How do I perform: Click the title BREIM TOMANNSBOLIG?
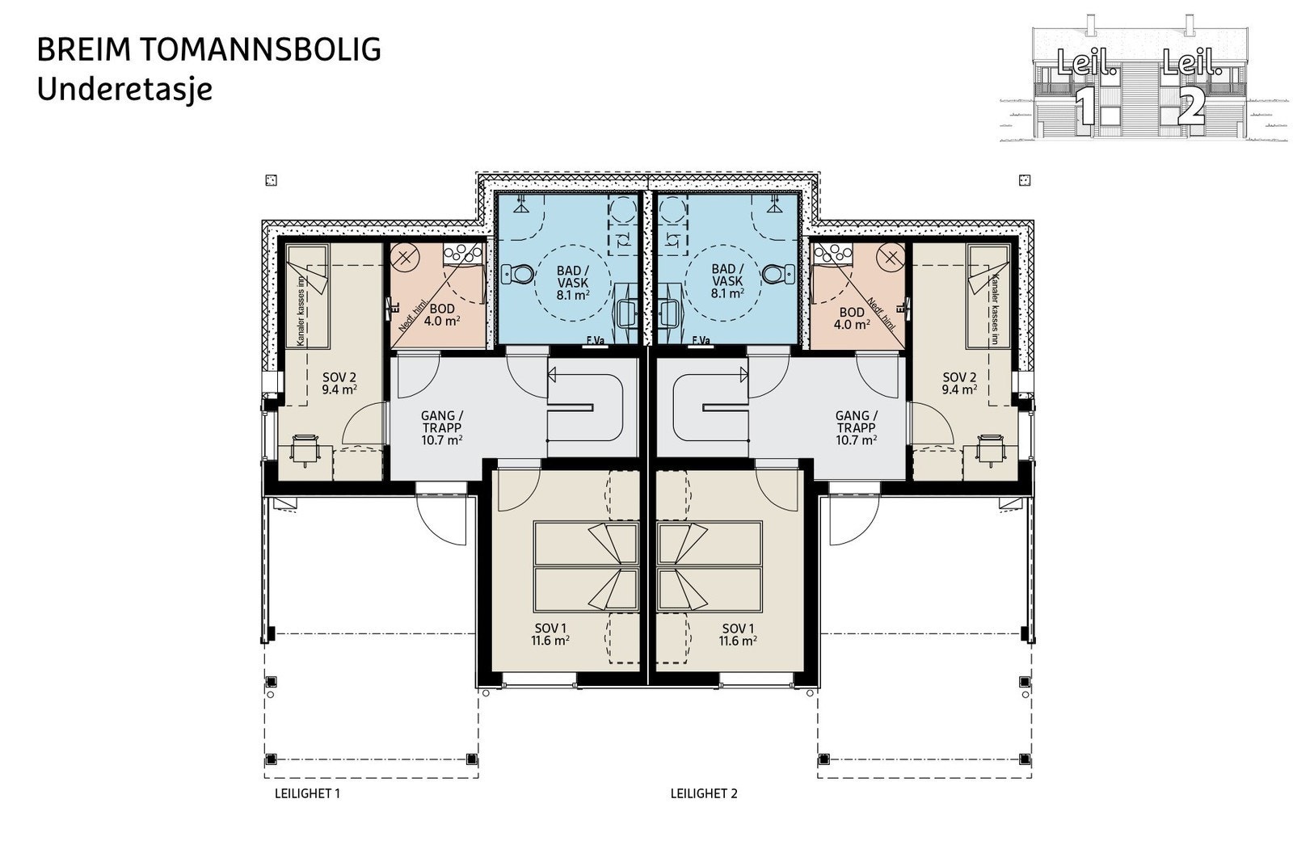(209, 50)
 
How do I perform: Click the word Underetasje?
(124, 88)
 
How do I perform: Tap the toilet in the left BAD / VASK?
(517, 275)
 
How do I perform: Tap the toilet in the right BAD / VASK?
(777, 275)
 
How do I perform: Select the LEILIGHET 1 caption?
(308, 793)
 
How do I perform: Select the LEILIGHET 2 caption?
(704, 793)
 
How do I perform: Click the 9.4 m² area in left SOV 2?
(339, 389)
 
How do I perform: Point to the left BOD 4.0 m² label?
(442, 315)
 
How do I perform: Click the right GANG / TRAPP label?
(857, 428)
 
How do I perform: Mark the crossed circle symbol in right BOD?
(890, 259)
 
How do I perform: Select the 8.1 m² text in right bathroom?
(728, 294)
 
